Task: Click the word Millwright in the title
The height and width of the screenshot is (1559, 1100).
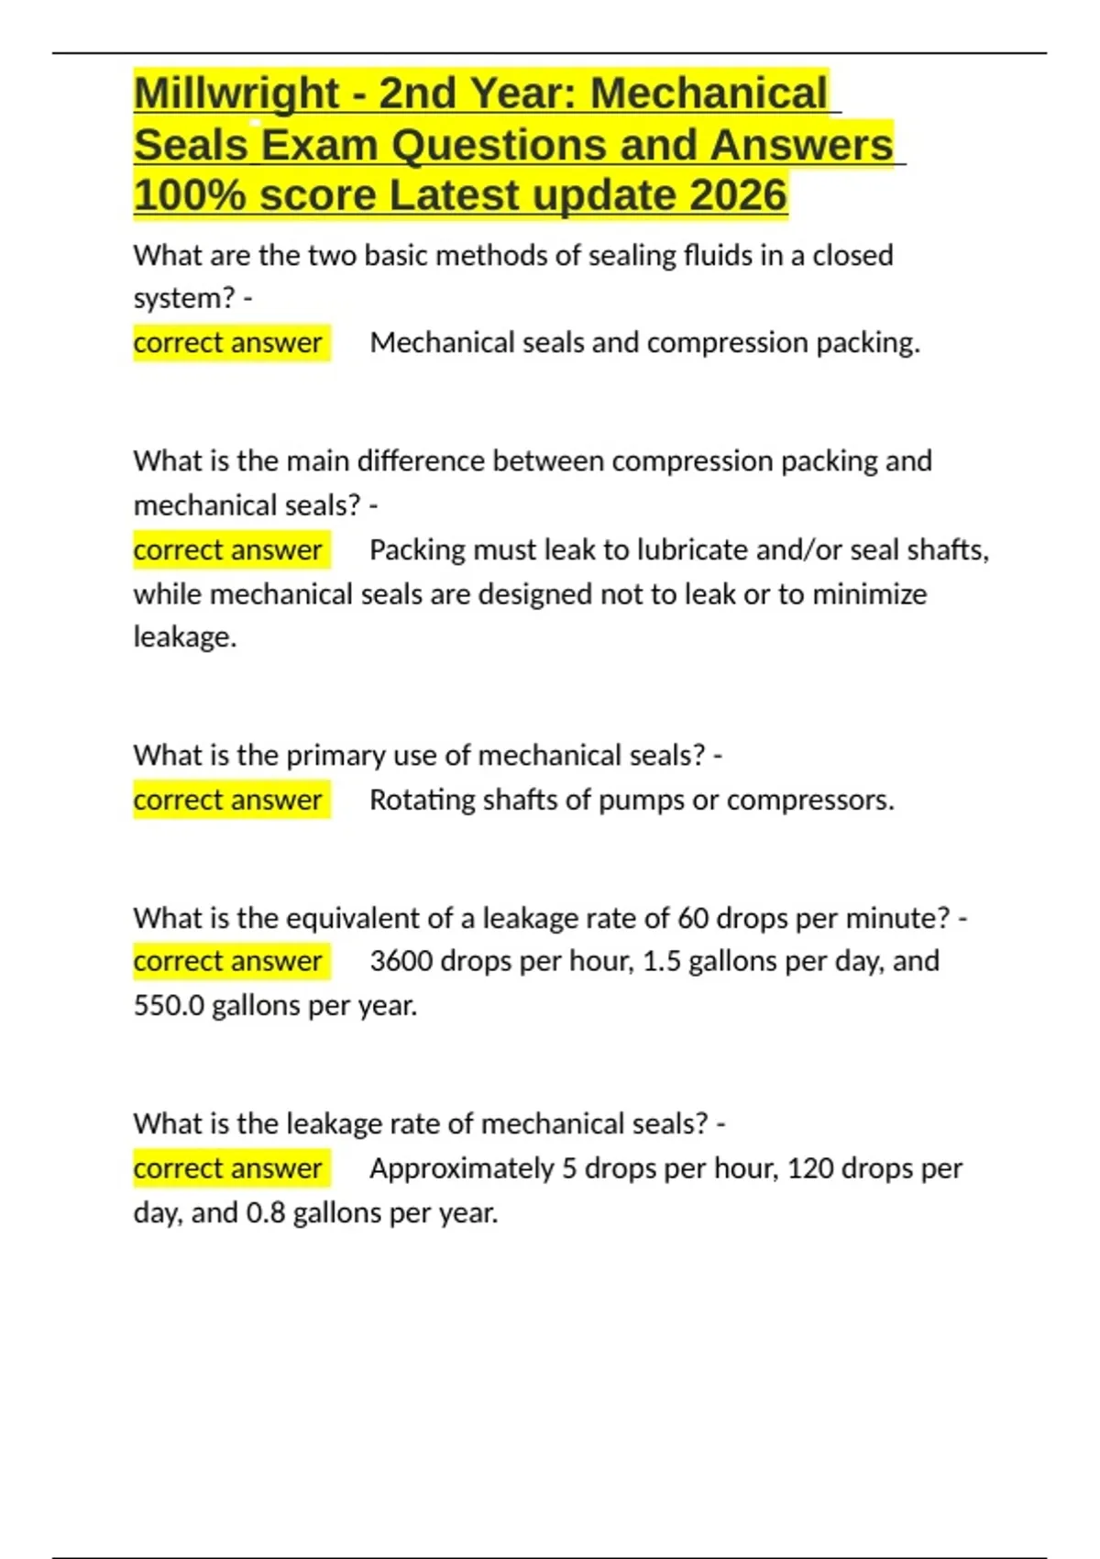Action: (x=236, y=94)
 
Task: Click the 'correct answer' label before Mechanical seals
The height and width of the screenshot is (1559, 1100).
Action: (x=228, y=343)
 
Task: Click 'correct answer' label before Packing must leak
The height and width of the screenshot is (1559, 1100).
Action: (x=228, y=550)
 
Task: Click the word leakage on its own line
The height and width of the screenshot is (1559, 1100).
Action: (x=184, y=637)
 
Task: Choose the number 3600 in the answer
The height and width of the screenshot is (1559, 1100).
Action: (x=401, y=961)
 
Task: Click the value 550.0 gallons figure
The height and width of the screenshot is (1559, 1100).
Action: (x=169, y=1006)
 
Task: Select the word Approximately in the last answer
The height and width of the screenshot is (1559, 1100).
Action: (x=461, y=1168)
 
